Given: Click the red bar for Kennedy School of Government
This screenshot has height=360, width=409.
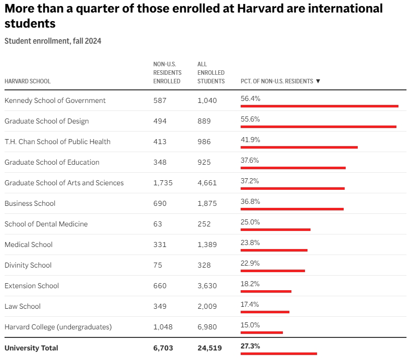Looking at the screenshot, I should [320, 106].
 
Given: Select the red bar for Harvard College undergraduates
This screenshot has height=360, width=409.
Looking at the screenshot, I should [262, 332].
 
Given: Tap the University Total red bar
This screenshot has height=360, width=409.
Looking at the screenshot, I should [279, 353].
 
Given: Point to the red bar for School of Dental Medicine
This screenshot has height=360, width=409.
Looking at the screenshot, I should [275, 229].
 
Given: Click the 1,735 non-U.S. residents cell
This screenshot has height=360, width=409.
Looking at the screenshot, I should [163, 183].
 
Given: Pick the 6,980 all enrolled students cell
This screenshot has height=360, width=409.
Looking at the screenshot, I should [207, 327].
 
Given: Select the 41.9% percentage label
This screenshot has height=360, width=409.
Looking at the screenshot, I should [250, 140].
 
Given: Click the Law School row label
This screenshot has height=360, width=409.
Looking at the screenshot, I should [23, 306].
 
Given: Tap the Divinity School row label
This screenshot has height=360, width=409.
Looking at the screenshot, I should [28, 265].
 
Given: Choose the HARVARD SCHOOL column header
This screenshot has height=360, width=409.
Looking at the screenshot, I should [28, 81].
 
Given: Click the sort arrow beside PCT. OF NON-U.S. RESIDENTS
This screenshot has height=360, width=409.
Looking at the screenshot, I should [318, 81].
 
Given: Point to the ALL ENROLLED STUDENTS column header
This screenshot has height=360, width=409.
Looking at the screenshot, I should [211, 73].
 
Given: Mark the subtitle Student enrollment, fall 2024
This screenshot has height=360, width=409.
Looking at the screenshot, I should [53, 41].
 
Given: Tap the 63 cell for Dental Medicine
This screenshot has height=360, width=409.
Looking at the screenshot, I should [158, 224].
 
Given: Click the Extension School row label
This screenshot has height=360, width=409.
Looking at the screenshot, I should [32, 286].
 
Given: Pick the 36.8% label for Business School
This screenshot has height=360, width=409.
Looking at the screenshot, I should [250, 201].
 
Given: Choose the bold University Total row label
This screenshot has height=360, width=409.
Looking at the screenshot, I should [31, 348].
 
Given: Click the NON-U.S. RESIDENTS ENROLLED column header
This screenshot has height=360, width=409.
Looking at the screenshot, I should [167, 73].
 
